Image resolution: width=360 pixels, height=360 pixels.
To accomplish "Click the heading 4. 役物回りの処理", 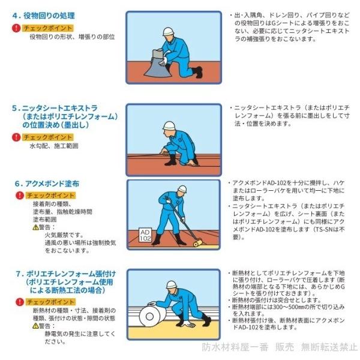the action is (x=44, y=16).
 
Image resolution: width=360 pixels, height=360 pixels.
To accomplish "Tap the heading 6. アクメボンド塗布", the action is (x=47, y=184).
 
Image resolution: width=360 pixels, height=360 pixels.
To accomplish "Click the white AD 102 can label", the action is (x=145, y=235).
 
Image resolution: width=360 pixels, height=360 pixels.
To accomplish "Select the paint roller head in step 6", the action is (x=197, y=242).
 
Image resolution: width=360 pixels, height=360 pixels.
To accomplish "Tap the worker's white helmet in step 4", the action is (x=168, y=31).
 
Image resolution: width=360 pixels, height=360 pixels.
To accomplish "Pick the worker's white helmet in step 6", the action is (x=182, y=189).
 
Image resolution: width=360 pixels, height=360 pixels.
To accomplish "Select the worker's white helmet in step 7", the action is (x=172, y=284).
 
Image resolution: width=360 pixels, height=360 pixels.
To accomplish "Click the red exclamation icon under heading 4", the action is (x=16, y=28).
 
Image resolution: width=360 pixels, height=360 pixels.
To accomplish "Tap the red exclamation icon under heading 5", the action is (x=16, y=137).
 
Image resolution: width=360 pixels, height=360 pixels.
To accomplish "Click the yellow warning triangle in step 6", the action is (x=35, y=227).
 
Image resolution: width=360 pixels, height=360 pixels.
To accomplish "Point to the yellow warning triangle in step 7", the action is (x=35, y=326).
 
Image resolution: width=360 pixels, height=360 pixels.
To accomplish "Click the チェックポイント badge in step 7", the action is (x=50, y=302).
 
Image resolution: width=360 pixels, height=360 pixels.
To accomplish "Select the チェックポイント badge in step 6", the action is (x=50, y=196).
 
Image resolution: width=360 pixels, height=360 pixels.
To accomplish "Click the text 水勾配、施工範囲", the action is (x=54, y=146).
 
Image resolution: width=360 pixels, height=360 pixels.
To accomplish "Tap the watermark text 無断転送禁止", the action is (x=329, y=347).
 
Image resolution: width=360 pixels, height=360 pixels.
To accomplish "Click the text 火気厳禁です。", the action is (x=65, y=235).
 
